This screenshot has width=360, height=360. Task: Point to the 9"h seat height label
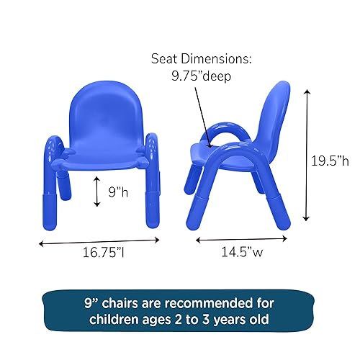pos(119,192)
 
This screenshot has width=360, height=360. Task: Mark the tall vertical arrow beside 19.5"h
pos(307,155)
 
